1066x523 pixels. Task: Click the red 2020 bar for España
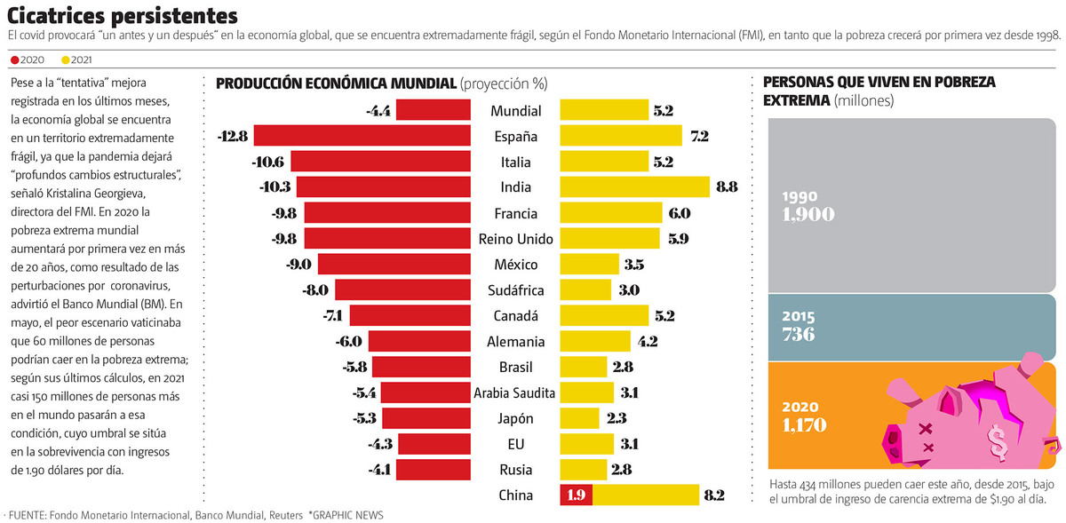click(x=362, y=136)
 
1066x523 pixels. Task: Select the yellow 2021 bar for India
click(x=634, y=187)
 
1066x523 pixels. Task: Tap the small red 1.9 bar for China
click(x=576, y=495)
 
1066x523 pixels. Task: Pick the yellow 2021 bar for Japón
click(x=579, y=417)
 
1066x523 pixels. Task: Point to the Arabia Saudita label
click(x=514, y=392)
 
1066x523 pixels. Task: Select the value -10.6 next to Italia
click(x=267, y=162)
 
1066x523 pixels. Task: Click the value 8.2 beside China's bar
click(x=715, y=495)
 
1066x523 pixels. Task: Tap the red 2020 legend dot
click(x=12, y=60)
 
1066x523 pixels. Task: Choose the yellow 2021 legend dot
click(x=65, y=60)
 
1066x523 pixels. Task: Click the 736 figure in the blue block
click(x=798, y=334)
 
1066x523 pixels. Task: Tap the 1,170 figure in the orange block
click(x=804, y=424)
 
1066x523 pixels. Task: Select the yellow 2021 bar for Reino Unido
click(x=609, y=239)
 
